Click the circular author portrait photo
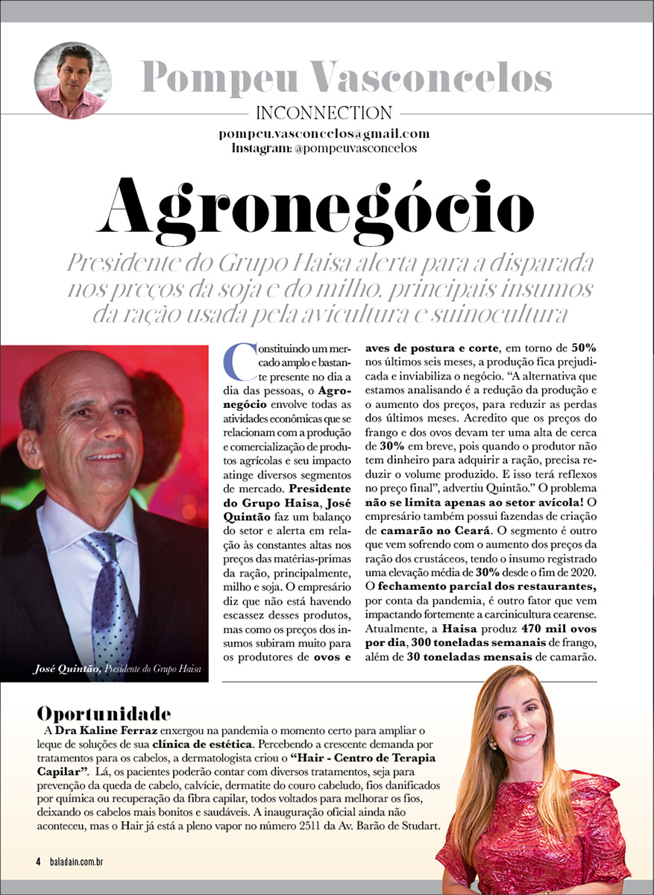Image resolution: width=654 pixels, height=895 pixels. click(x=73, y=81)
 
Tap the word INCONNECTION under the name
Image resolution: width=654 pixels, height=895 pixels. click(x=324, y=114)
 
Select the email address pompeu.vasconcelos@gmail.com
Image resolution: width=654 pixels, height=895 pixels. click(x=324, y=134)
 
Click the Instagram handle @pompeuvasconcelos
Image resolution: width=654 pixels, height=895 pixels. click(x=356, y=148)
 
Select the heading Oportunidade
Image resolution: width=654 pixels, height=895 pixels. click(x=104, y=712)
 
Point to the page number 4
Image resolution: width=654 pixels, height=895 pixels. click(x=37, y=861)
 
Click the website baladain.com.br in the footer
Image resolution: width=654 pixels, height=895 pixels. click(x=77, y=861)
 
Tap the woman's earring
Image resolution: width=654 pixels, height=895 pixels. click(x=493, y=744)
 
